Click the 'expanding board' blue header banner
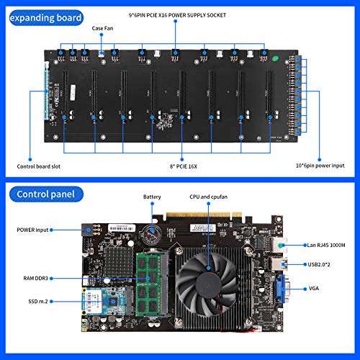(x=43, y=15)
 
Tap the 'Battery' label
(x=151, y=196)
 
